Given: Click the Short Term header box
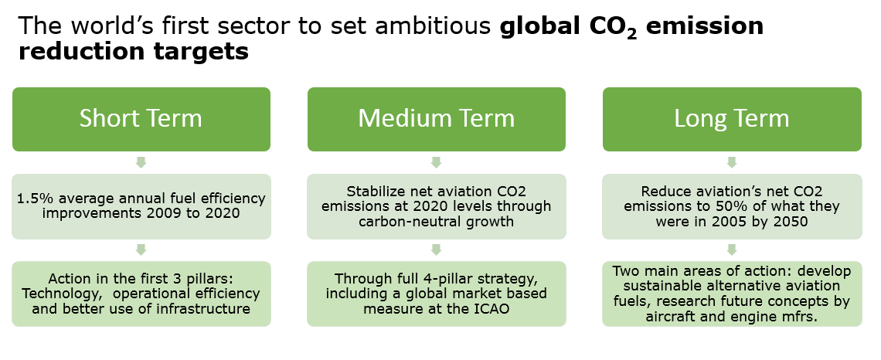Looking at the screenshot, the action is pyautogui.click(x=141, y=119).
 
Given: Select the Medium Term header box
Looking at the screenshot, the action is pyautogui.click(x=437, y=119).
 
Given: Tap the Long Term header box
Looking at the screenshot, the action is pyautogui.click(x=732, y=119).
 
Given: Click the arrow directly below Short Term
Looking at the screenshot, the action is pyautogui.click(x=141, y=162).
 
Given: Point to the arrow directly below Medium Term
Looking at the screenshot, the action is pyautogui.click(x=437, y=162).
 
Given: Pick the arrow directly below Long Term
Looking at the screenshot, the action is pyautogui.click(x=732, y=162).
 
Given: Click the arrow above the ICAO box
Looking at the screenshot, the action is pyautogui.click(x=437, y=250).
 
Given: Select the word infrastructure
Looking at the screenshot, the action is pyautogui.click(x=209, y=308).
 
